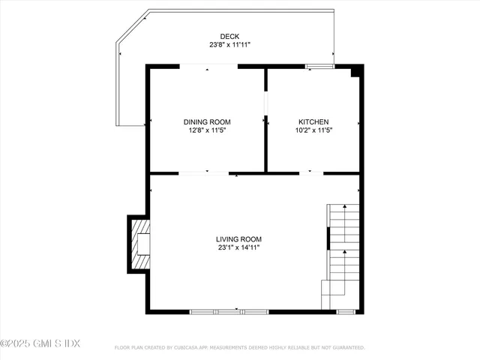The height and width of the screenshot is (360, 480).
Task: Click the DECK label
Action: click(229, 37)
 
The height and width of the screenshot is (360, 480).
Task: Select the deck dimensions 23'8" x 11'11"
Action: click(229, 45)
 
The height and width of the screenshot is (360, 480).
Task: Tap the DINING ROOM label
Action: click(207, 121)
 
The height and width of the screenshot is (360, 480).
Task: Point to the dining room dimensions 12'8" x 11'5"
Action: click(207, 130)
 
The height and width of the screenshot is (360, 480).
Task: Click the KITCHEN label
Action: click(313, 121)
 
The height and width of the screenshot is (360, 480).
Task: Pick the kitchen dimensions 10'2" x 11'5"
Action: click(313, 130)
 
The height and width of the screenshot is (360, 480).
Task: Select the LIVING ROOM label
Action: click(239, 239)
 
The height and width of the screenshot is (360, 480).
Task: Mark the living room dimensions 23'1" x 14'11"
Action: click(239, 247)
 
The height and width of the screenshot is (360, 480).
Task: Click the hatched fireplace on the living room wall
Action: click(139, 244)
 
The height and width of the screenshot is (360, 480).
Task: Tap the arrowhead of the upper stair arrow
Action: click(344, 208)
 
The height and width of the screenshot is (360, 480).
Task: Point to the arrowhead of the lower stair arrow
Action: click(344, 254)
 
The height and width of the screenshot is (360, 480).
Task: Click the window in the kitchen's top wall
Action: click(319, 67)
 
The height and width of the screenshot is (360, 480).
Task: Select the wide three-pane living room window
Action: click(229, 311)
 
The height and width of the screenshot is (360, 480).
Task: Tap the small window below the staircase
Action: click(346, 311)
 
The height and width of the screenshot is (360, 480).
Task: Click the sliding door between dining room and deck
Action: click(209, 67)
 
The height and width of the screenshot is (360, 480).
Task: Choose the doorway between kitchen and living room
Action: click(310, 173)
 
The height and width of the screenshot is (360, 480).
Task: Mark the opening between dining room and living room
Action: click(203, 173)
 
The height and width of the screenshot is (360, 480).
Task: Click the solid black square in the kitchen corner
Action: click(357, 71)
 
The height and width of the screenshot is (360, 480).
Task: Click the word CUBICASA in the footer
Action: click(196, 348)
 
